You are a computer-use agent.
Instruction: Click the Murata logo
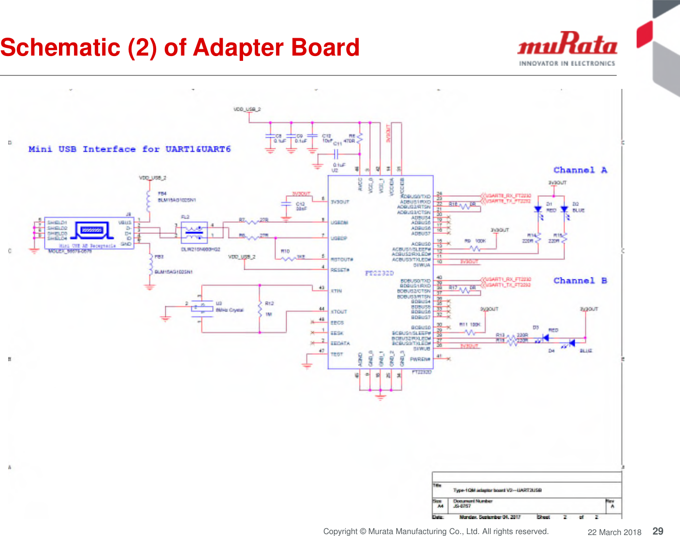[567, 49]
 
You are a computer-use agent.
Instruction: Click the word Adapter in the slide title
[233, 48]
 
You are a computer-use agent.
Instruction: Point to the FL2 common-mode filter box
[194, 232]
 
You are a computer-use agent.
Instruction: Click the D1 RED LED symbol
[538, 210]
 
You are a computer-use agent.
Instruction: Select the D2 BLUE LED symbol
[564, 210]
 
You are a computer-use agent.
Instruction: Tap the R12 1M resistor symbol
[260, 309]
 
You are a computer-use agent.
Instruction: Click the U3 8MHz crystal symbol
[202, 308]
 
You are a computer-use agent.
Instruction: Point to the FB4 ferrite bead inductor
[149, 198]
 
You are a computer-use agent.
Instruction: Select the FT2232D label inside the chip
[379, 273]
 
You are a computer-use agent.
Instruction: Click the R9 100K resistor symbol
[475, 248]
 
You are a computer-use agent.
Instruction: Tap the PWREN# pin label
[420, 359]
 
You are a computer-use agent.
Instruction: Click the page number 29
[658, 531]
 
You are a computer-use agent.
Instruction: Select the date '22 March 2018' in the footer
[614, 532]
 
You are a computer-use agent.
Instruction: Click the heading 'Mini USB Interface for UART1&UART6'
[130, 149]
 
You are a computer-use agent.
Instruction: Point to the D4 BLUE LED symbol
[571, 343]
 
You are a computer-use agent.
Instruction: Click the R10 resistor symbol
[289, 259]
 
